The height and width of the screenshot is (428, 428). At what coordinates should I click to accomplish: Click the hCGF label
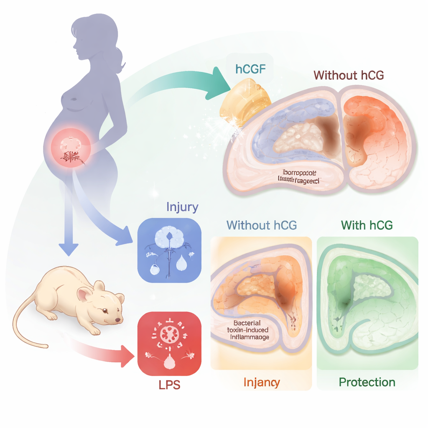point(250,69)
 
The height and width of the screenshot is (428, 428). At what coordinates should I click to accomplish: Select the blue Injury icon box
point(169,249)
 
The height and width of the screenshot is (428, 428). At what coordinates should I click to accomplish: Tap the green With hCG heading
point(367,225)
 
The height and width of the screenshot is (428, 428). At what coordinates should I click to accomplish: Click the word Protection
point(367,382)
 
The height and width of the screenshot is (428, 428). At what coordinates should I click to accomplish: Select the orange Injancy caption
point(261,382)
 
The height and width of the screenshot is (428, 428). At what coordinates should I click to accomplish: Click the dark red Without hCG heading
point(349,75)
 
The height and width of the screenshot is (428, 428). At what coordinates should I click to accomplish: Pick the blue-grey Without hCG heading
point(261,225)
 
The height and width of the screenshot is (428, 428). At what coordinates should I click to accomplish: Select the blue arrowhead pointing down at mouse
point(68,249)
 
